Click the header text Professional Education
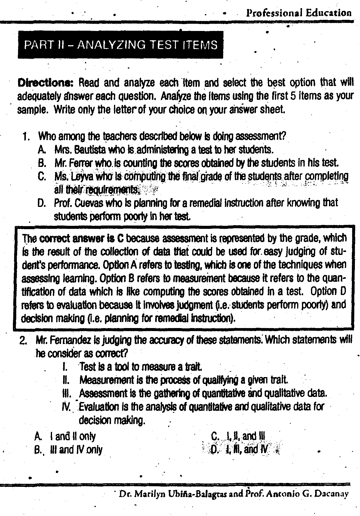298,13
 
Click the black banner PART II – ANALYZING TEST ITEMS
120,45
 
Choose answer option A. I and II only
65,436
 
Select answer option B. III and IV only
68,450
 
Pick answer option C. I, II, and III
238,436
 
